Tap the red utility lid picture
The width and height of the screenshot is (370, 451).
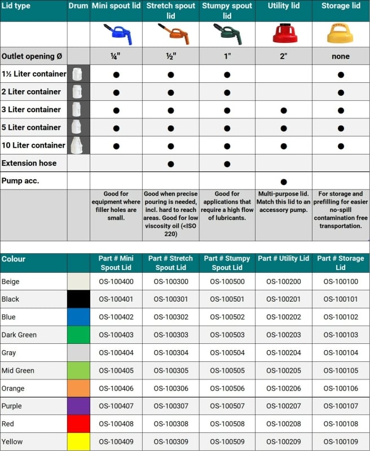(x=284, y=34)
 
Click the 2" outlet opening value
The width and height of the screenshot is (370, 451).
(x=284, y=56)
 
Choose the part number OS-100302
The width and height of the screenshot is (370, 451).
(x=170, y=317)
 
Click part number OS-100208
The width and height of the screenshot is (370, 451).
(x=284, y=423)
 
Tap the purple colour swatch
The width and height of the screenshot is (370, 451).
(x=78, y=406)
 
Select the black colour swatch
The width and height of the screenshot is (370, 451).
(x=78, y=299)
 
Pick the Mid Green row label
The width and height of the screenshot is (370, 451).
(x=18, y=370)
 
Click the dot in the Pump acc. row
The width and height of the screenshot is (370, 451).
(x=284, y=182)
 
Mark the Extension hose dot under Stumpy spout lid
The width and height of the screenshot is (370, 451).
(x=227, y=163)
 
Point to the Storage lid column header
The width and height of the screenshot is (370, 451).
(x=341, y=6)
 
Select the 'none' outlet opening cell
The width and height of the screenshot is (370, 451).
(x=341, y=56)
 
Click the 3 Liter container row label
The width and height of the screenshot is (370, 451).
(x=31, y=109)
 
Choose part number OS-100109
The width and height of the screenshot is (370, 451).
(x=341, y=441)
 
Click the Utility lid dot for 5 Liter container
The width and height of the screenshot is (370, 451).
(x=284, y=127)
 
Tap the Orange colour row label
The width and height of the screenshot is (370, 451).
(x=15, y=388)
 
